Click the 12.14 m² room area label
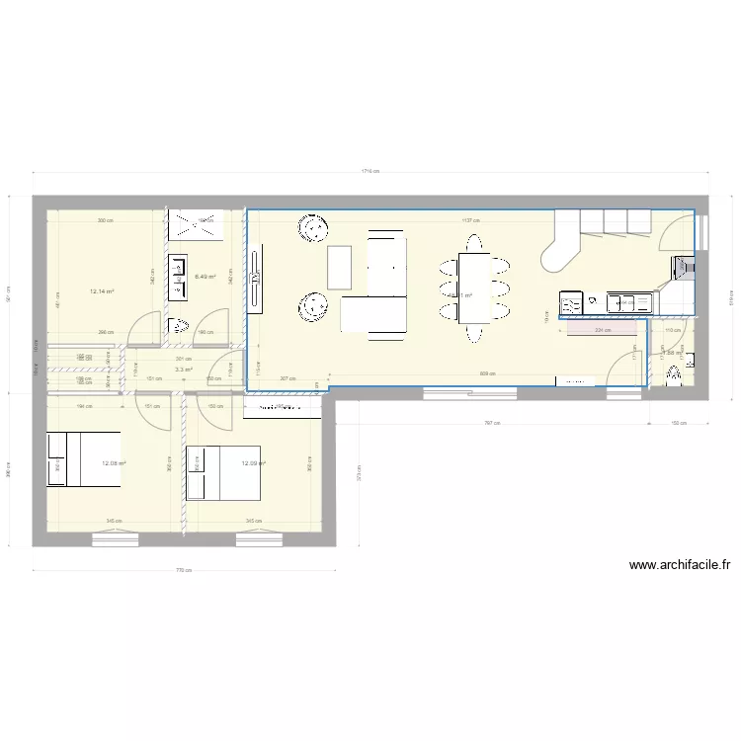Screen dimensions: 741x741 pyautogui.click(x=102, y=291)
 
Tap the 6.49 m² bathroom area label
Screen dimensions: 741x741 pyautogui.click(x=206, y=277)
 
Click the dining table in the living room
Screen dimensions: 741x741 pyautogui.click(x=472, y=287)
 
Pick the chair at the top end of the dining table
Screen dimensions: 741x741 pyautogui.click(x=473, y=241)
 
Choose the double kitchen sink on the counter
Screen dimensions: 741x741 pyautogui.click(x=623, y=301)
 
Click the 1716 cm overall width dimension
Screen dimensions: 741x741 pyautogui.click(x=370, y=171)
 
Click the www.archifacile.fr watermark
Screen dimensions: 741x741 pyautogui.click(x=679, y=566)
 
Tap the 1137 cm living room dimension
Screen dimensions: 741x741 pyautogui.click(x=469, y=220)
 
